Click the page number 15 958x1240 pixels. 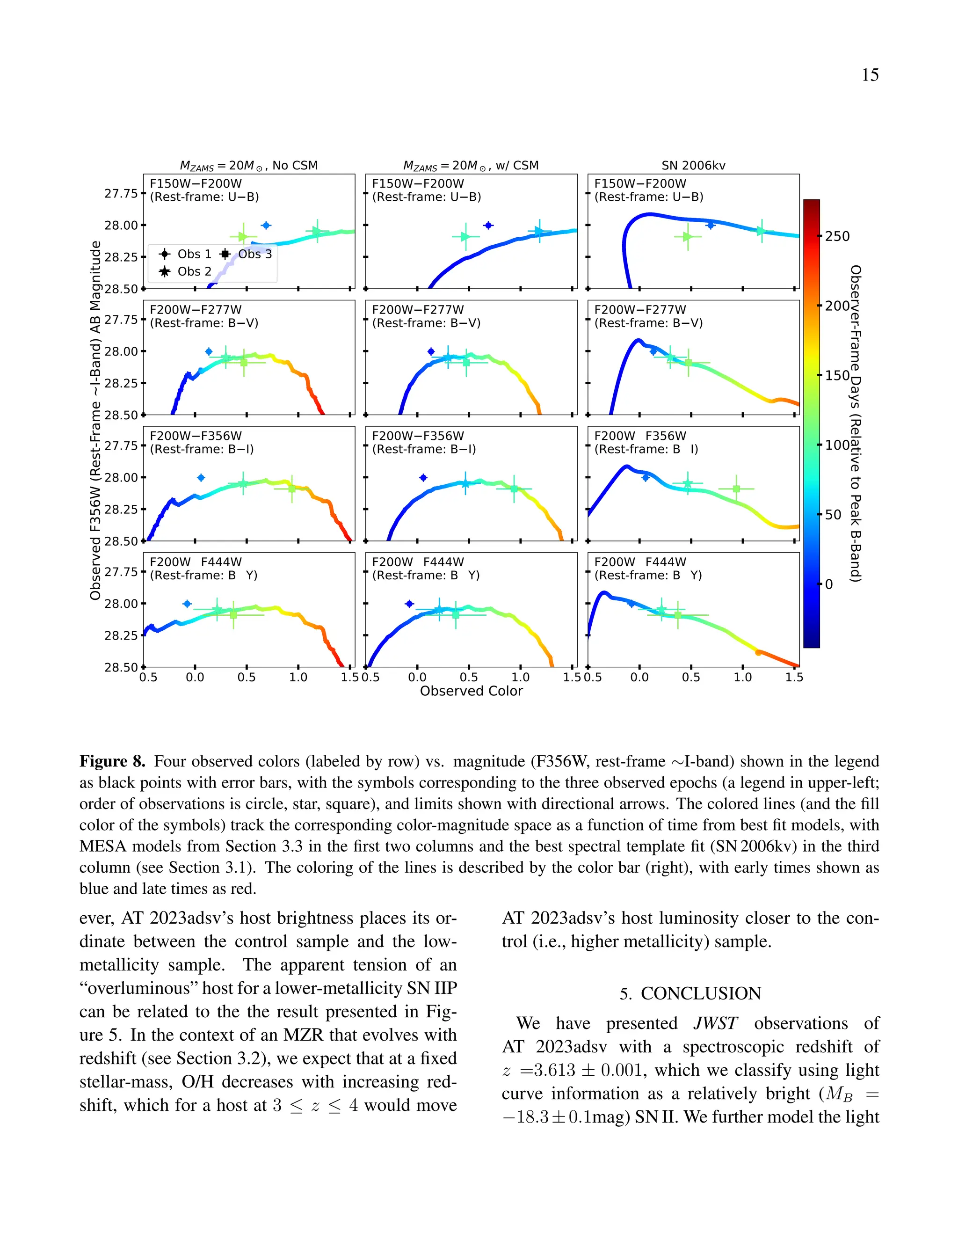870,75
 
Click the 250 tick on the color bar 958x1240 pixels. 837,236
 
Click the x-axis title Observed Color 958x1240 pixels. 471,691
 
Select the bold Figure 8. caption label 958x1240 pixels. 112,761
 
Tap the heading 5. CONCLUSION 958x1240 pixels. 690,993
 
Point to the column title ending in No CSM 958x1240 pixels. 248,166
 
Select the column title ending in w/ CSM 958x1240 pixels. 471,166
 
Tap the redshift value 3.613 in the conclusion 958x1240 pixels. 554,1070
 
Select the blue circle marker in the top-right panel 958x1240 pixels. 710,226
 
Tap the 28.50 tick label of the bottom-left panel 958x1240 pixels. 121,667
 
